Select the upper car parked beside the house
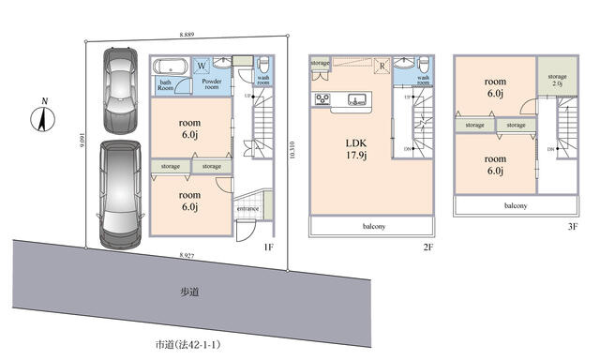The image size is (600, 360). (119, 89)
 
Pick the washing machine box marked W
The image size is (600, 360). (202, 66)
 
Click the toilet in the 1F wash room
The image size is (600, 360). (262, 64)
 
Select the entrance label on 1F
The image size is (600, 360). (247, 208)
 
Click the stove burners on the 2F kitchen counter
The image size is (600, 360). (322, 99)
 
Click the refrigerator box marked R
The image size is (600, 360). (382, 66)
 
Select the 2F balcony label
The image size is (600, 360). (372, 226)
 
